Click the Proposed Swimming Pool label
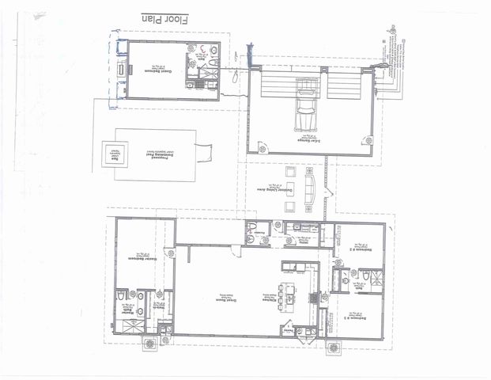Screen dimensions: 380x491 click(x=155, y=153)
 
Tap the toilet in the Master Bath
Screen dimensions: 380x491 click(x=119, y=296)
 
